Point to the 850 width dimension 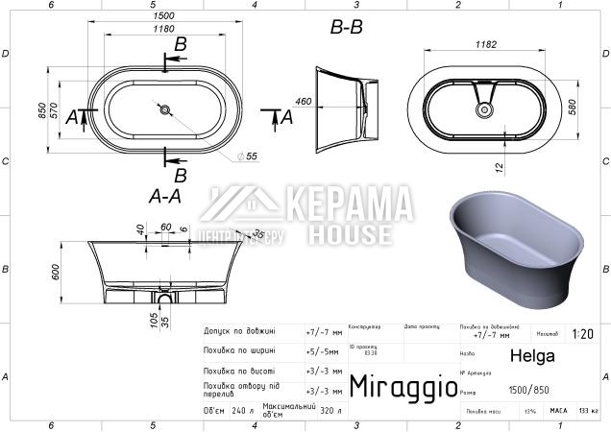42,111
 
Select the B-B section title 347,29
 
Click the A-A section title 165,196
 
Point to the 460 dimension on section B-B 303,101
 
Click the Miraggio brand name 402,387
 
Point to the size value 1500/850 528,390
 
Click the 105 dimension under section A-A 154,317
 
